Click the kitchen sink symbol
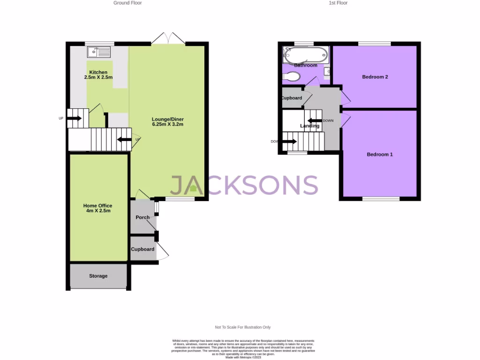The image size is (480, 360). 98,51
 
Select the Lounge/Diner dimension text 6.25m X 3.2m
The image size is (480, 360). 167,125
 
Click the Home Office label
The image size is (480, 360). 97,206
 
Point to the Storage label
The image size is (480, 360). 98,276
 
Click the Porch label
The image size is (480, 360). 142,217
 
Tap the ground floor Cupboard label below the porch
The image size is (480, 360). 142,249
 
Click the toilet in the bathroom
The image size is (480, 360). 293,76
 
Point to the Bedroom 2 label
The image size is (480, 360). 375,77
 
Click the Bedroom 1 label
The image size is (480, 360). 379,155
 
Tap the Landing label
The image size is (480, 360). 310,126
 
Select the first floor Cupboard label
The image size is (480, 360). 292,98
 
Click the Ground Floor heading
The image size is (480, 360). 127,3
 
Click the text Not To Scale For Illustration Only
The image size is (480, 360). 243,327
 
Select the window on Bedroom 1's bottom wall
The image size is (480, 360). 381,199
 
